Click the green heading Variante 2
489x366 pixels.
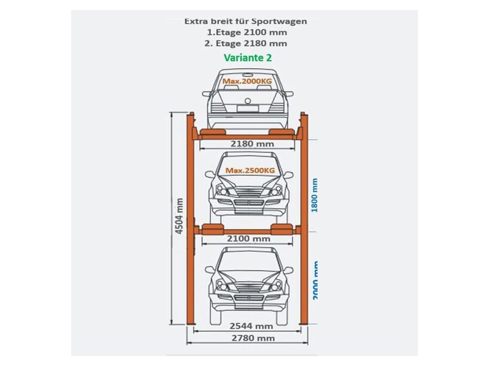click(248, 58)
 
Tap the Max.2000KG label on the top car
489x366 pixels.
click(247, 81)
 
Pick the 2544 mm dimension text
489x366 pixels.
click(251, 326)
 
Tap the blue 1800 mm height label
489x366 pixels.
click(314, 195)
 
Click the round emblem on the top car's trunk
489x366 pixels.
click(247, 101)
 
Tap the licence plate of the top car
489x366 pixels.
click(246, 109)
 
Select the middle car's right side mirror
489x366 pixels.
click(288, 175)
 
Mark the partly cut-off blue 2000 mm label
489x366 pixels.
click(315, 280)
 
